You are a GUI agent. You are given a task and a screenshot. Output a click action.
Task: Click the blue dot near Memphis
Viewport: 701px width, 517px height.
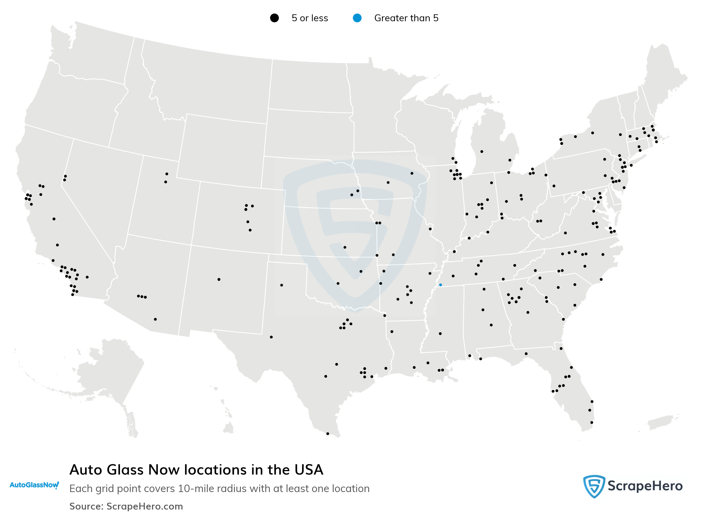coord(440,285)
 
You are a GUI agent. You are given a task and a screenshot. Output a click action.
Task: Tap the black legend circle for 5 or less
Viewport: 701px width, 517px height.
coord(274,18)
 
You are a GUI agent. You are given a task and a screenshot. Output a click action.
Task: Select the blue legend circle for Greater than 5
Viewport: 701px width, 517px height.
coord(357,18)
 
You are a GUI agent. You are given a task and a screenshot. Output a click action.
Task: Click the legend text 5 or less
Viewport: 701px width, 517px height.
coord(310,18)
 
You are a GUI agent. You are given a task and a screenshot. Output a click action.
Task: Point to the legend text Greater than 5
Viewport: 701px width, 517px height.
coord(406,18)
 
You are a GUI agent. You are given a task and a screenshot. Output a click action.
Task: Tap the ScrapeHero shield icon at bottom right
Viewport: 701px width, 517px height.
coord(594,486)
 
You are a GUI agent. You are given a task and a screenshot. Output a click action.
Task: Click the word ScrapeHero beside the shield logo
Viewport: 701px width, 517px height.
coord(645,486)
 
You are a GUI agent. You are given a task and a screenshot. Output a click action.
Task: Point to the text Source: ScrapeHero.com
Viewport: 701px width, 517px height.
coord(126,506)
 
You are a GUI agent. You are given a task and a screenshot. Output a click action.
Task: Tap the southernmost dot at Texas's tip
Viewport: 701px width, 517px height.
coord(328,434)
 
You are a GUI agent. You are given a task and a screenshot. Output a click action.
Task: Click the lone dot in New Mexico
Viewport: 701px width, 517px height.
coord(219,280)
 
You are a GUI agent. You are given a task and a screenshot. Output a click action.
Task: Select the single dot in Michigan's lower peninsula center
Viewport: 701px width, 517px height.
coord(482,151)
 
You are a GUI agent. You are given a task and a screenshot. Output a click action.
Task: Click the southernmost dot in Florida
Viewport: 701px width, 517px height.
coord(592,422)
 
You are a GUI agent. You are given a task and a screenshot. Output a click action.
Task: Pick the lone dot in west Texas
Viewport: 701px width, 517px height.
coord(271,337)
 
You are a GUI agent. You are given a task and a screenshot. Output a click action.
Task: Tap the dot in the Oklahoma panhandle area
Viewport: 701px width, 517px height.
coord(281,285)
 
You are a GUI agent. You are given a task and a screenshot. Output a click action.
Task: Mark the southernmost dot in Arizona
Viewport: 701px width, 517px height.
coord(155,319)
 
